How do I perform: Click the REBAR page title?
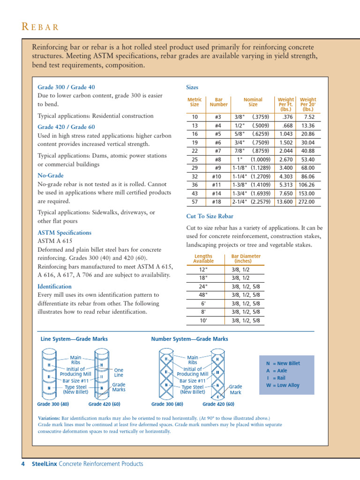(40, 27)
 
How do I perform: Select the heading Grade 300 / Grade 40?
(66, 87)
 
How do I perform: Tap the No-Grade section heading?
(51, 175)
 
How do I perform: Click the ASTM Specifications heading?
(64, 232)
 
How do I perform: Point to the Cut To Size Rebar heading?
(210, 216)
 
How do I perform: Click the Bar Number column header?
(218, 102)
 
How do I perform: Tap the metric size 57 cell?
(195, 202)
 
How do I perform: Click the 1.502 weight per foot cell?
(286, 142)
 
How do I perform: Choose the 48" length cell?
(203, 295)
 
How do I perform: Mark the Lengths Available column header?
(203, 259)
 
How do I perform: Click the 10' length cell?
(203, 321)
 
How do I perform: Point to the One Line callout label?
(119, 373)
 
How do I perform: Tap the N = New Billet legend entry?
(283, 363)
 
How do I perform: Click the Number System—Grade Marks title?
(189, 338)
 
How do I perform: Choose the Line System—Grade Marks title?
(74, 338)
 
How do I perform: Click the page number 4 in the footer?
(22, 464)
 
